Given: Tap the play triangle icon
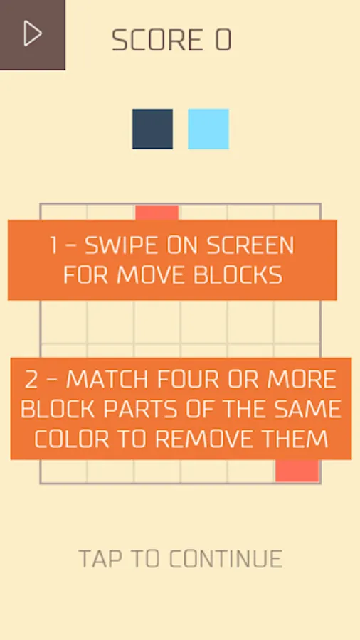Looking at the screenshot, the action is click(33, 33).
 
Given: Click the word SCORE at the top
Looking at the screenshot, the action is click(157, 41).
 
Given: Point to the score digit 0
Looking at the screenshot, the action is click(223, 41).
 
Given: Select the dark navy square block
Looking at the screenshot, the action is click(153, 129).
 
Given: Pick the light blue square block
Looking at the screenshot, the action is click(208, 129).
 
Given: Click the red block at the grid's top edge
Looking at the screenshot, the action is click(157, 213).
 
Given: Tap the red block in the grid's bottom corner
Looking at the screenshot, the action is click(297, 471).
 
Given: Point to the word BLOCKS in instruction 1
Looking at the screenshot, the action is click(238, 275).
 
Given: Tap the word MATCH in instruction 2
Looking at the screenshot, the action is click(107, 380).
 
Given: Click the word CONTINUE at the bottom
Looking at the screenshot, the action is click(226, 559).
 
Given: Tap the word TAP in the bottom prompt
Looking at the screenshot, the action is click(100, 559).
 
